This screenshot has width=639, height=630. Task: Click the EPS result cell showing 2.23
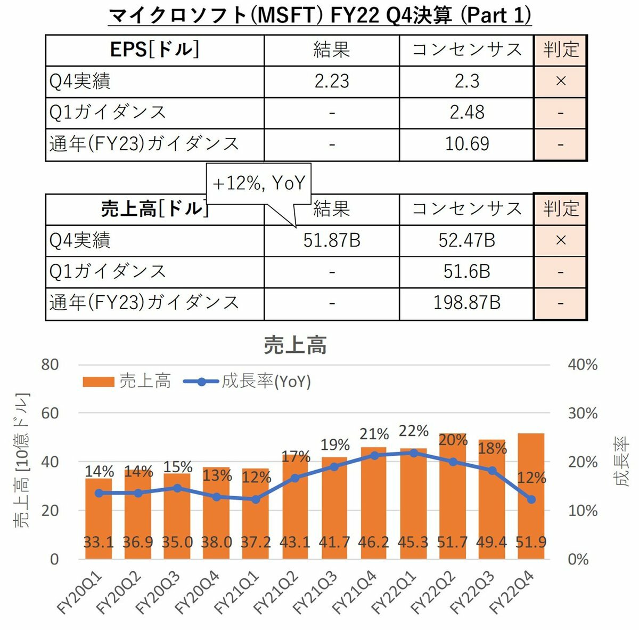tap(332, 82)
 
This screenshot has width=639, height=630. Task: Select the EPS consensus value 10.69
tap(466, 144)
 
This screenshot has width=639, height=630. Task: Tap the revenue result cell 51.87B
tap(332, 240)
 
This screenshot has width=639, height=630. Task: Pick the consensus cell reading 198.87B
tap(466, 303)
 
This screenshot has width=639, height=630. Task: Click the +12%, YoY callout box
tap(259, 183)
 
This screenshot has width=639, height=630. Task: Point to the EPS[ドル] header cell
tap(154, 50)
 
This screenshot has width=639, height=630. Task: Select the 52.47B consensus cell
tap(466, 240)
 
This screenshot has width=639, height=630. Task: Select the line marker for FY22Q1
tap(414, 453)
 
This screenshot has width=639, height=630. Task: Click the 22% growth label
tap(414, 431)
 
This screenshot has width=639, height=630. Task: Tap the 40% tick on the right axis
tap(583, 365)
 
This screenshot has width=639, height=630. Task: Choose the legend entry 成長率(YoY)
tap(248, 382)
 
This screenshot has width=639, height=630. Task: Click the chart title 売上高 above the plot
tap(295, 346)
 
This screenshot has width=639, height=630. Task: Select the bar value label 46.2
tap(374, 543)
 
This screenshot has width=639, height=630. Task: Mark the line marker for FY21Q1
tap(256, 499)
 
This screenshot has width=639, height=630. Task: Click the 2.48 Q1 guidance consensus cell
tap(466, 112)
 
